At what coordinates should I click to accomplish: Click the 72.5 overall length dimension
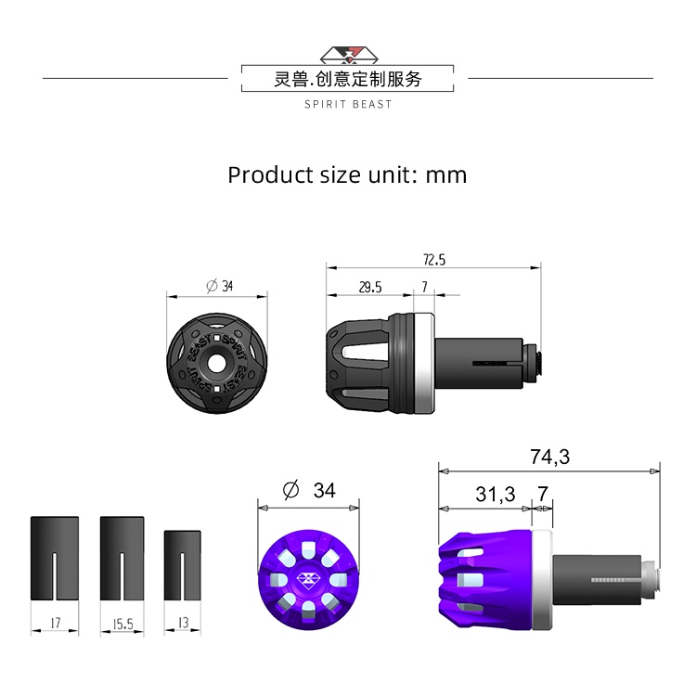(x=434, y=260)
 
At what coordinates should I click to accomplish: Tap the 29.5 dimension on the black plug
(x=370, y=287)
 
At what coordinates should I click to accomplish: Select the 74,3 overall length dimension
(x=549, y=457)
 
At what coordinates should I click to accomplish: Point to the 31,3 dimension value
(x=496, y=494)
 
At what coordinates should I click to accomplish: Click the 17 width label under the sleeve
(x=56, y=623)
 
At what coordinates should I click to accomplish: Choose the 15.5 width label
(x=122, y=625)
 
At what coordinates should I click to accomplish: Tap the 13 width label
(x=184, y=623)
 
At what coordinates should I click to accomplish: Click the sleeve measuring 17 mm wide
(x=55, y=559)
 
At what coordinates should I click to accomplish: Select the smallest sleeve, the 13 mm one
(x=183, y=565)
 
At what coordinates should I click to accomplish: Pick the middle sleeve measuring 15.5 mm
(x=122, y=559)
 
